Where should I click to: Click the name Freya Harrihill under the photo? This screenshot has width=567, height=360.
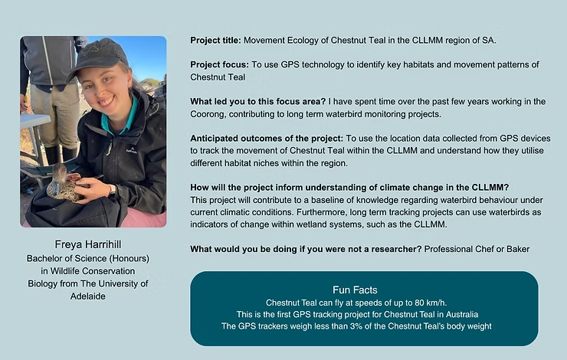click(88, 244)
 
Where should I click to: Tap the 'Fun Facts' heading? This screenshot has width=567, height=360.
click(355, 290)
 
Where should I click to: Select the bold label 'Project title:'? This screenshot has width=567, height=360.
click(215, 41)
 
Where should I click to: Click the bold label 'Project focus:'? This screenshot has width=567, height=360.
click(219, 65)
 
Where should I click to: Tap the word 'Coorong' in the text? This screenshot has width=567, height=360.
click(208, 115)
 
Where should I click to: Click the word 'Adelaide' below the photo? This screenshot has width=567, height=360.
click(88, 296)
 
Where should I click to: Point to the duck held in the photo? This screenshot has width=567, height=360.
click(64, 184)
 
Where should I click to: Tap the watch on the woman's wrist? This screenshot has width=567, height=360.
click(112, 191)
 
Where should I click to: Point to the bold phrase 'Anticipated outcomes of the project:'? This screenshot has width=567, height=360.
click(267, 139)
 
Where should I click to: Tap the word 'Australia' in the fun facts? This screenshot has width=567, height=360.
click(462, 315)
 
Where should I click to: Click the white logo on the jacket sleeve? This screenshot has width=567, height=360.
click(131, 149)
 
